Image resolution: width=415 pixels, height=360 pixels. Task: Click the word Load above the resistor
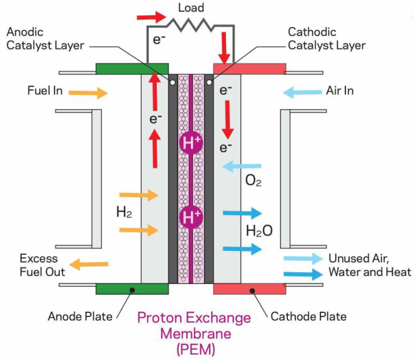pyautogui.click(x=191, y=8)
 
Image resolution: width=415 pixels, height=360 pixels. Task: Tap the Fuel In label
pyautogui.click(x=45, y=90)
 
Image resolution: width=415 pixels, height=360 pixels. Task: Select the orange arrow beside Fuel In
pyautogui.click(x=88, y=93)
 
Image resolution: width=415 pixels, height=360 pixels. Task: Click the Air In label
pyautogui.click(x=340, y=90)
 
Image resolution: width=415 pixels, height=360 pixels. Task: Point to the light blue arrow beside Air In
pyautogui.click(x=300, y=93)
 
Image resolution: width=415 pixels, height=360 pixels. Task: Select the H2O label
pyautogui.click(x=259, y=231)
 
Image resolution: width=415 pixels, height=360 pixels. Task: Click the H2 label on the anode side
pyautogui.click(x=124, y=213)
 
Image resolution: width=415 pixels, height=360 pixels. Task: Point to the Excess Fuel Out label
pyautogui.click(x=42, y=265)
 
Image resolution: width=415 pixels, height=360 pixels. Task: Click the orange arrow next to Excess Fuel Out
pyautogui.click(x=91, y=264)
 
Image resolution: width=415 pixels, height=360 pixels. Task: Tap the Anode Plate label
pyautogui.click(x=80, y=317)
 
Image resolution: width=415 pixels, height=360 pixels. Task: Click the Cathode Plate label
pyautogui.click(x=309, y=317)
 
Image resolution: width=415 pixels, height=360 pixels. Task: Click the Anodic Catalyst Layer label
pyautogui.click(x=45, y=39)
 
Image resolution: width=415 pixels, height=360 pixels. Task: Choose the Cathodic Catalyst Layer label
pyautogui.click(x=327, y=39)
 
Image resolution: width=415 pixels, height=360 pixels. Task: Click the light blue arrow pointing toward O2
pyautogui.click(x=242, y=166)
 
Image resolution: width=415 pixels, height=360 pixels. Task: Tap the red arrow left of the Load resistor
pyautogui.click(x=151, y=18)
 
